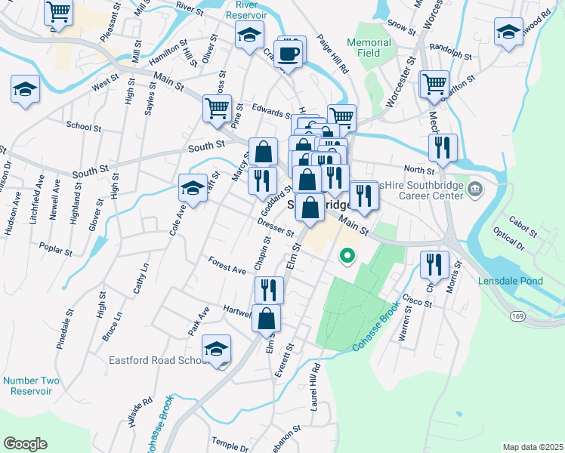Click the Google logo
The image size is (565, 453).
pyautogui.click(x=25, y=443)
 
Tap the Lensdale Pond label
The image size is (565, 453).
pyautogui.click(x=511, y=281)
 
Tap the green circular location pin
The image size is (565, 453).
pyautogui.click(x=347, y=257)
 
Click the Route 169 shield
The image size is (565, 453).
pyautogui.click(x=516, y=314)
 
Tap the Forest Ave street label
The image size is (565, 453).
pyautogui.click(x=227, y=264)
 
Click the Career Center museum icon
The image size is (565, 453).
pyautogui.click(x=475, y=187)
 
